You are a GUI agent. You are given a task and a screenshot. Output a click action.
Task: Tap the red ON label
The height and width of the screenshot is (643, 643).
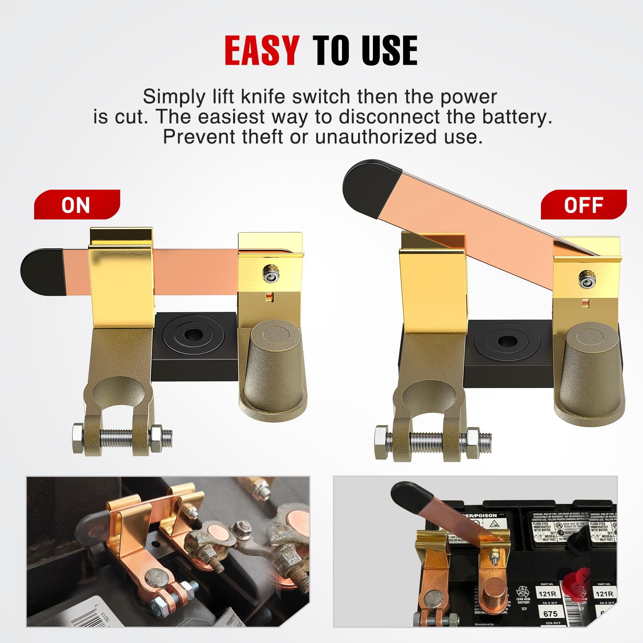click(x=76, y=205)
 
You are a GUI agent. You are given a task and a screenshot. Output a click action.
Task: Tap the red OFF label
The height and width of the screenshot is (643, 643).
click(x=584, y=205)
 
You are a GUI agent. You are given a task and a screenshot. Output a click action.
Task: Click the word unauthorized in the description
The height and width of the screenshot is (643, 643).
click(x=376, y=137)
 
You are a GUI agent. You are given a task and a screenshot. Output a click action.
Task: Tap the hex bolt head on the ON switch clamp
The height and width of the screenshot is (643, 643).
click(x=78, y=438)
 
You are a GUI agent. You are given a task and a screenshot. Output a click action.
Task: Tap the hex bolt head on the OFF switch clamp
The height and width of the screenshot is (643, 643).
click(x=380, y=442)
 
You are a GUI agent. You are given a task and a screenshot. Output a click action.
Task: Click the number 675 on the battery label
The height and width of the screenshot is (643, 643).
click(x=550, y=614)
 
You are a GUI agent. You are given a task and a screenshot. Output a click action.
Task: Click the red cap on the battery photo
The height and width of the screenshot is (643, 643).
click(x=576, y=583)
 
